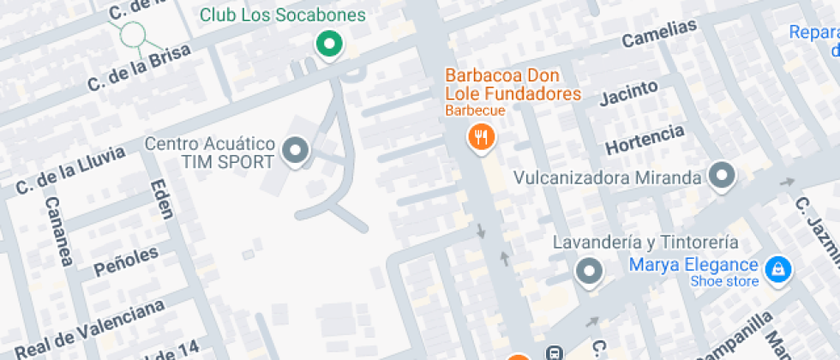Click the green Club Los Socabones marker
pos(328,44)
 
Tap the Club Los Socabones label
pos(283,15)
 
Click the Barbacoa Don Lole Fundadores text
pos(513,85)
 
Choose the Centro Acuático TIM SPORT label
pos(210,152)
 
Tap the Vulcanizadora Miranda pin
pos(723,177)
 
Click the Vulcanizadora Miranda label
pos(608,178)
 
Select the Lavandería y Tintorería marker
pos(589,271)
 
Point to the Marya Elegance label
pos(693,265)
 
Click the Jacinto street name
pos(628,93)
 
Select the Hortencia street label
pos(645,140)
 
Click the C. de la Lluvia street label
pos(70,171)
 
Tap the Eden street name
pos(161,201)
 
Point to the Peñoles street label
pos(126,260)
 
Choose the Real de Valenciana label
pos(90,329)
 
